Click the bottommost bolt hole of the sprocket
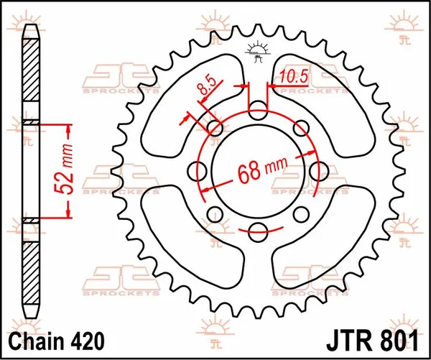258,231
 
